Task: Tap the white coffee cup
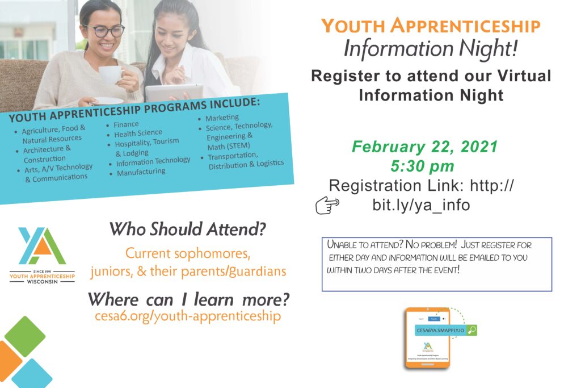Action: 110,75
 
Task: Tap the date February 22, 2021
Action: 424,147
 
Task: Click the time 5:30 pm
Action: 422,166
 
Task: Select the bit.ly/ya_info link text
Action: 421,205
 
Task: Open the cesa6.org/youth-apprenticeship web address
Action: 188,316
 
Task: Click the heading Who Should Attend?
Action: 188,230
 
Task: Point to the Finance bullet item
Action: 125,124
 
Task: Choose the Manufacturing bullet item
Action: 141,172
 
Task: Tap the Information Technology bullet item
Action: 153,161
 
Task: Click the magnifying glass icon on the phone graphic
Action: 470,329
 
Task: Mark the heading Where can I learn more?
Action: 188,298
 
